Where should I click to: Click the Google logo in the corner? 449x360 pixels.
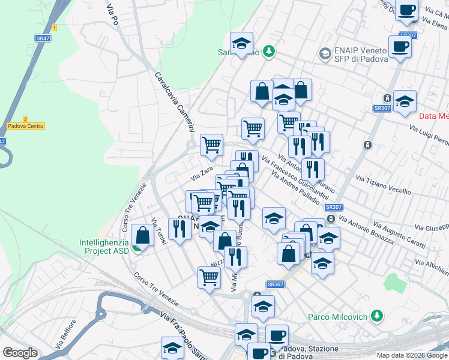tap(20, 353)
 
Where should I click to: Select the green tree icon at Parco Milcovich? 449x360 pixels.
tap(377, 315)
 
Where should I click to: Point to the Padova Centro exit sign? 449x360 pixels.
tap(26, 126)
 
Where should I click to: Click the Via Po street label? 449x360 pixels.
tap(111, 15)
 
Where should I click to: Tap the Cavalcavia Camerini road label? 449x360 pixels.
tap(175, 103)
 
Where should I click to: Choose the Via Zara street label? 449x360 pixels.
tap(202, 173)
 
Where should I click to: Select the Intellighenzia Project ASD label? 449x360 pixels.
tap(104, 247)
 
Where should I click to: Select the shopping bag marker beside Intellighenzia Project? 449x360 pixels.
tap(143, 235)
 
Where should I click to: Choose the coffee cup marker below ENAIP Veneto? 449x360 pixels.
tap(400, 46)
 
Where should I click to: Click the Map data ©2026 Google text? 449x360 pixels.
tap(412, 355)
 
